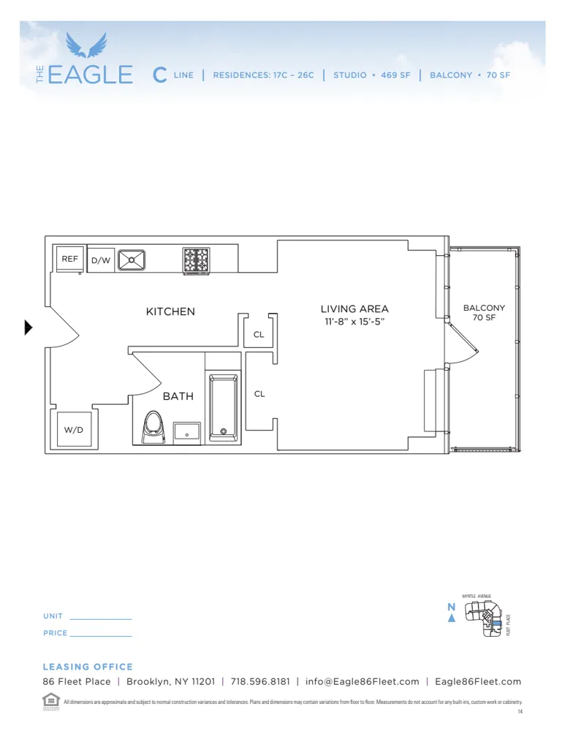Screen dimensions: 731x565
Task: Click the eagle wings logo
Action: (x=86, y=45)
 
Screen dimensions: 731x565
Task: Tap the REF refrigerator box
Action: (x=69, y=260)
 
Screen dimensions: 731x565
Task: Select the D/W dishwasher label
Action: (x=100, y=260)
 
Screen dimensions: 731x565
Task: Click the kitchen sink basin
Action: (x=132, y=260)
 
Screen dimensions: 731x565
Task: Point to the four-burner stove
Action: (x=196, y=260)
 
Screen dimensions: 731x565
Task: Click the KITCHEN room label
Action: (x=170, y=311)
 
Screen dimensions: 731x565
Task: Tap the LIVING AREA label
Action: (x=354, y=309)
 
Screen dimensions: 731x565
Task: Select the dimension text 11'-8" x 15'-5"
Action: (x=354, y=322)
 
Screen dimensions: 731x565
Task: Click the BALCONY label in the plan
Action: (x=484, y=308)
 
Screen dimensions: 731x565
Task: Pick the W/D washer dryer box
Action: (x=74, y=430)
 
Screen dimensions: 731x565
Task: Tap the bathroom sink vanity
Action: (x=187, y=432)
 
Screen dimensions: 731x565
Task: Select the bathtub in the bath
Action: (x=224, y=407)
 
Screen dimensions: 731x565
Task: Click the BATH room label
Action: (x=178, y=396)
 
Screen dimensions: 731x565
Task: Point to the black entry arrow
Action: (x=29, y=327)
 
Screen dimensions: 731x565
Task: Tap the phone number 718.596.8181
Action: (x=260, y=681)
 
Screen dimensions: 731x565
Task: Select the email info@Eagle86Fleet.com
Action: (x=363, y=681)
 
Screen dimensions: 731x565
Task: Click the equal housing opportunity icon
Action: (x=50, y=699)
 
